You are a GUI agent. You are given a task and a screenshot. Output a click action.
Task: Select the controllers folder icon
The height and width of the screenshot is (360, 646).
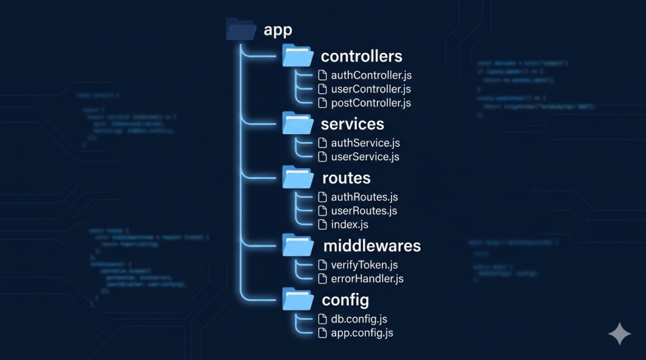[x=297, y=56]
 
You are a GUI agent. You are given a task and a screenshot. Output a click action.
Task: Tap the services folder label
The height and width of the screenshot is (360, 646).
[x=352, y=124]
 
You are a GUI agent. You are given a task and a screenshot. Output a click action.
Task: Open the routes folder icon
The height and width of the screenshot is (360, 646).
[x=297, y=178]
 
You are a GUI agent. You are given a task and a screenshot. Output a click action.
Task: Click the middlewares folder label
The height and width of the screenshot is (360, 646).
[x=372, y=245]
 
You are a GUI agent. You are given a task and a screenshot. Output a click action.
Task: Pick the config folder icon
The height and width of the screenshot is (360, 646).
[x=297, y=299]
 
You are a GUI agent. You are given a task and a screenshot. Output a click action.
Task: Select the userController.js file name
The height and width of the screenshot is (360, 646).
[x=371, y=89]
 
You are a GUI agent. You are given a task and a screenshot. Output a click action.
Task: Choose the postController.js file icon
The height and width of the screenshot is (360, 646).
[x=323, y=103]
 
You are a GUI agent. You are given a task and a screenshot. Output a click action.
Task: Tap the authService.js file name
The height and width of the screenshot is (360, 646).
[x=366, y=143]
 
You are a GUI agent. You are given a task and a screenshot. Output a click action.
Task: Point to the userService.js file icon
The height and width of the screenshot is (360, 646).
[x=323, y=157]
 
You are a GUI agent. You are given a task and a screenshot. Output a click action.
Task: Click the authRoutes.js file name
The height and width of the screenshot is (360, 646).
[x=364, y=197]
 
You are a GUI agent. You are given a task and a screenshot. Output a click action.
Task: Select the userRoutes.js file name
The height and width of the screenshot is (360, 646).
[x=364, y=211]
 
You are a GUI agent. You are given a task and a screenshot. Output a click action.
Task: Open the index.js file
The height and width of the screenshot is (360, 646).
[x=349, y=224]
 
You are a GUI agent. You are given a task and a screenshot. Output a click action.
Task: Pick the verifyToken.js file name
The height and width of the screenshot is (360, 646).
[x=364, y=265]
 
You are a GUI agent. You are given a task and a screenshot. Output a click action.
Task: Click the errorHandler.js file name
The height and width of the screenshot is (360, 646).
[x=367, y=278]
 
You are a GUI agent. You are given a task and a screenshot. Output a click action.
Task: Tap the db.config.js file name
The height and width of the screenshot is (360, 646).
[x=359, y=319]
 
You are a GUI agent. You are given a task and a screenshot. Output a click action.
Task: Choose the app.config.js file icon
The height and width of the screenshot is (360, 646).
[x=323, y=333]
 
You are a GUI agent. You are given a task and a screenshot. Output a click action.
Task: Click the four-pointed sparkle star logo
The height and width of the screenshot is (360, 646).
[x=618, y=333]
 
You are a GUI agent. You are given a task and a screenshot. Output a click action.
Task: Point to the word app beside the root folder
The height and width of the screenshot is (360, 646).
[x=278, y=30]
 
